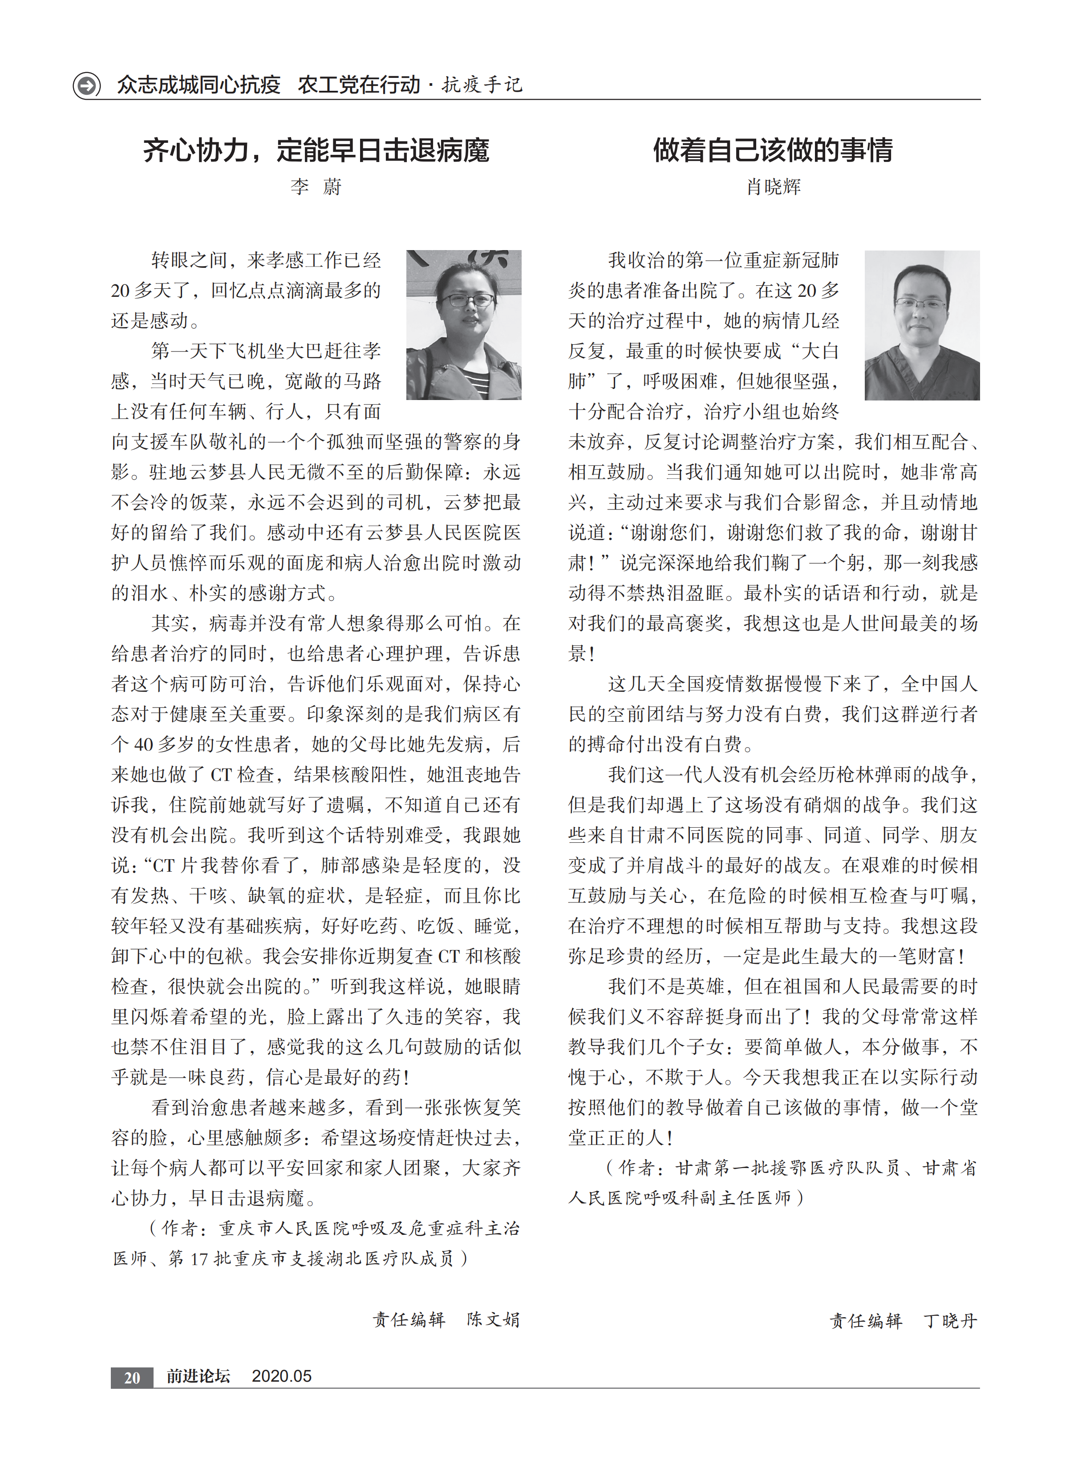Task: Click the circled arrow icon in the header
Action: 86,85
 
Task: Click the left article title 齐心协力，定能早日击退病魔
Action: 316,150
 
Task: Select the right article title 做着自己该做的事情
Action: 773,150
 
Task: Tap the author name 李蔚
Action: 316,187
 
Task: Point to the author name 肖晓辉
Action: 773,187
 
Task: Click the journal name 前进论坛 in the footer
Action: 198,1376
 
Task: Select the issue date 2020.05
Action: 282,1376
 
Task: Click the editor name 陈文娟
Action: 494,1320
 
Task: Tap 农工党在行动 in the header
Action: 359,85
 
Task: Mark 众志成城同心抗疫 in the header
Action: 199,85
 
